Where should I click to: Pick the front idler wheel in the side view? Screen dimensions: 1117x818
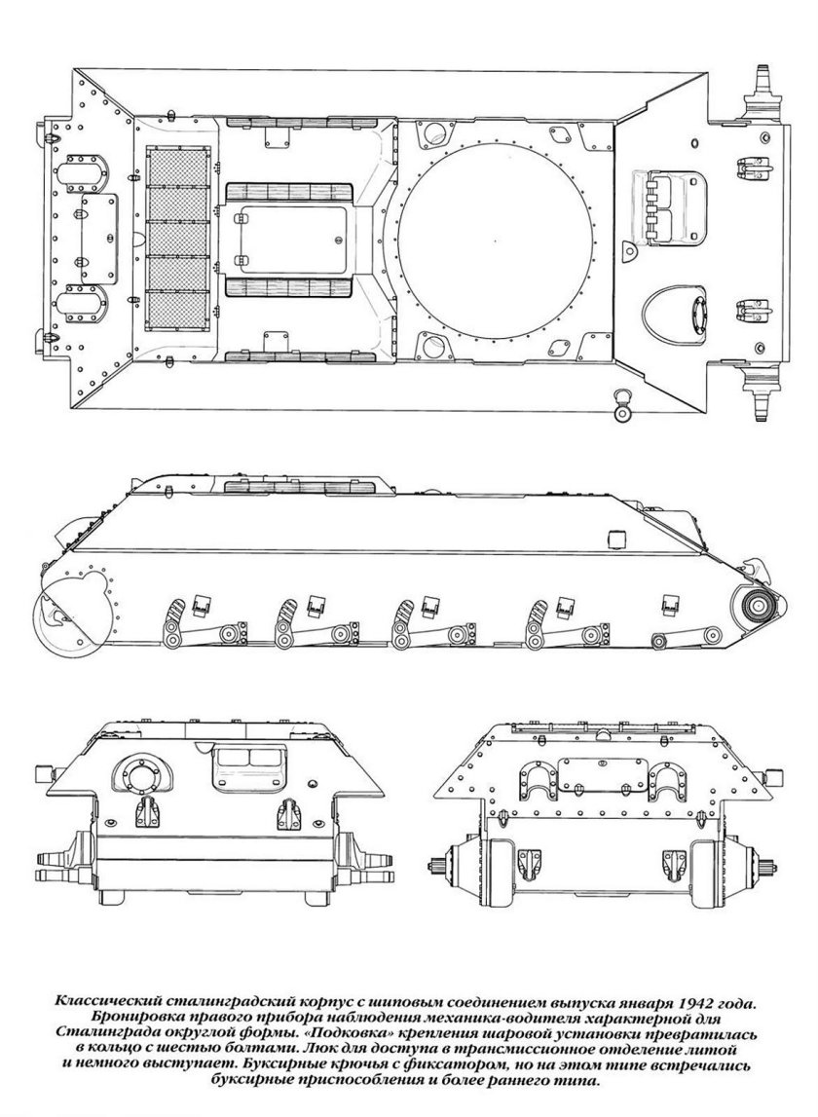(x=755, y=608)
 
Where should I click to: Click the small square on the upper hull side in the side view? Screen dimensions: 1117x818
(x=614, y=539)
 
